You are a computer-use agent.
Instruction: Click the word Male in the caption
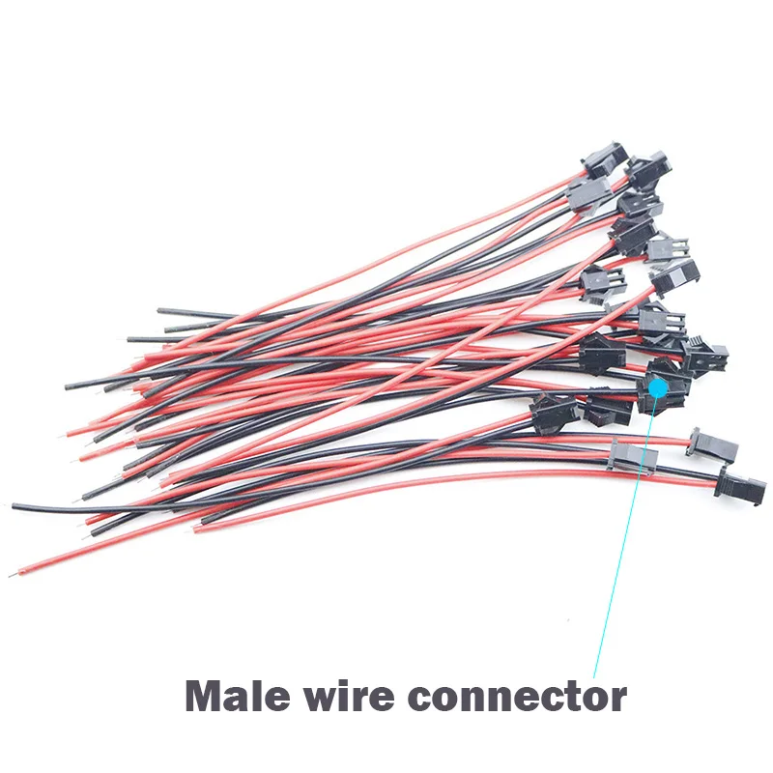(237, 696)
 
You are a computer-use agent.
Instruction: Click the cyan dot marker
(658, 388)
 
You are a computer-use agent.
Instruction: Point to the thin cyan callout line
(626, 533)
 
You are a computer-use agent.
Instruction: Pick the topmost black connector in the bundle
(605, 159)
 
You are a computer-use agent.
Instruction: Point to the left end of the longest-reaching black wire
(14, 506)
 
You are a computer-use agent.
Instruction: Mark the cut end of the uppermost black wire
(159, 310)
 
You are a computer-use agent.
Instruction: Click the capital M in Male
(207, 696)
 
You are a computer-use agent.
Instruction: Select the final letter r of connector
(617, 700)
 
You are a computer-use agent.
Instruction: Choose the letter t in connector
(566, 698)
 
